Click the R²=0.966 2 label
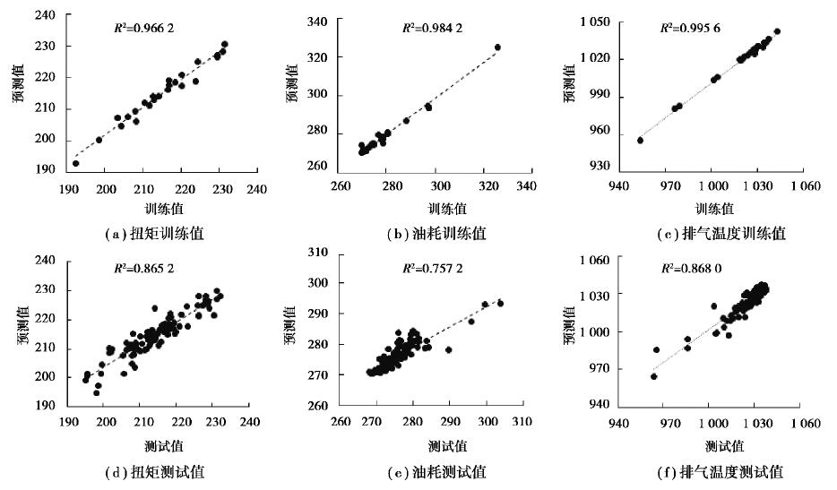(141, 28)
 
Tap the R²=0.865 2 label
(141, 267)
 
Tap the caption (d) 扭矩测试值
(154, 471)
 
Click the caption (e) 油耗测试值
(436, 471)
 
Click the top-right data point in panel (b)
(498, 47)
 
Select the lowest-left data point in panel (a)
(75, 164)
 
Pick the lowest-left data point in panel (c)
(640, 140)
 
